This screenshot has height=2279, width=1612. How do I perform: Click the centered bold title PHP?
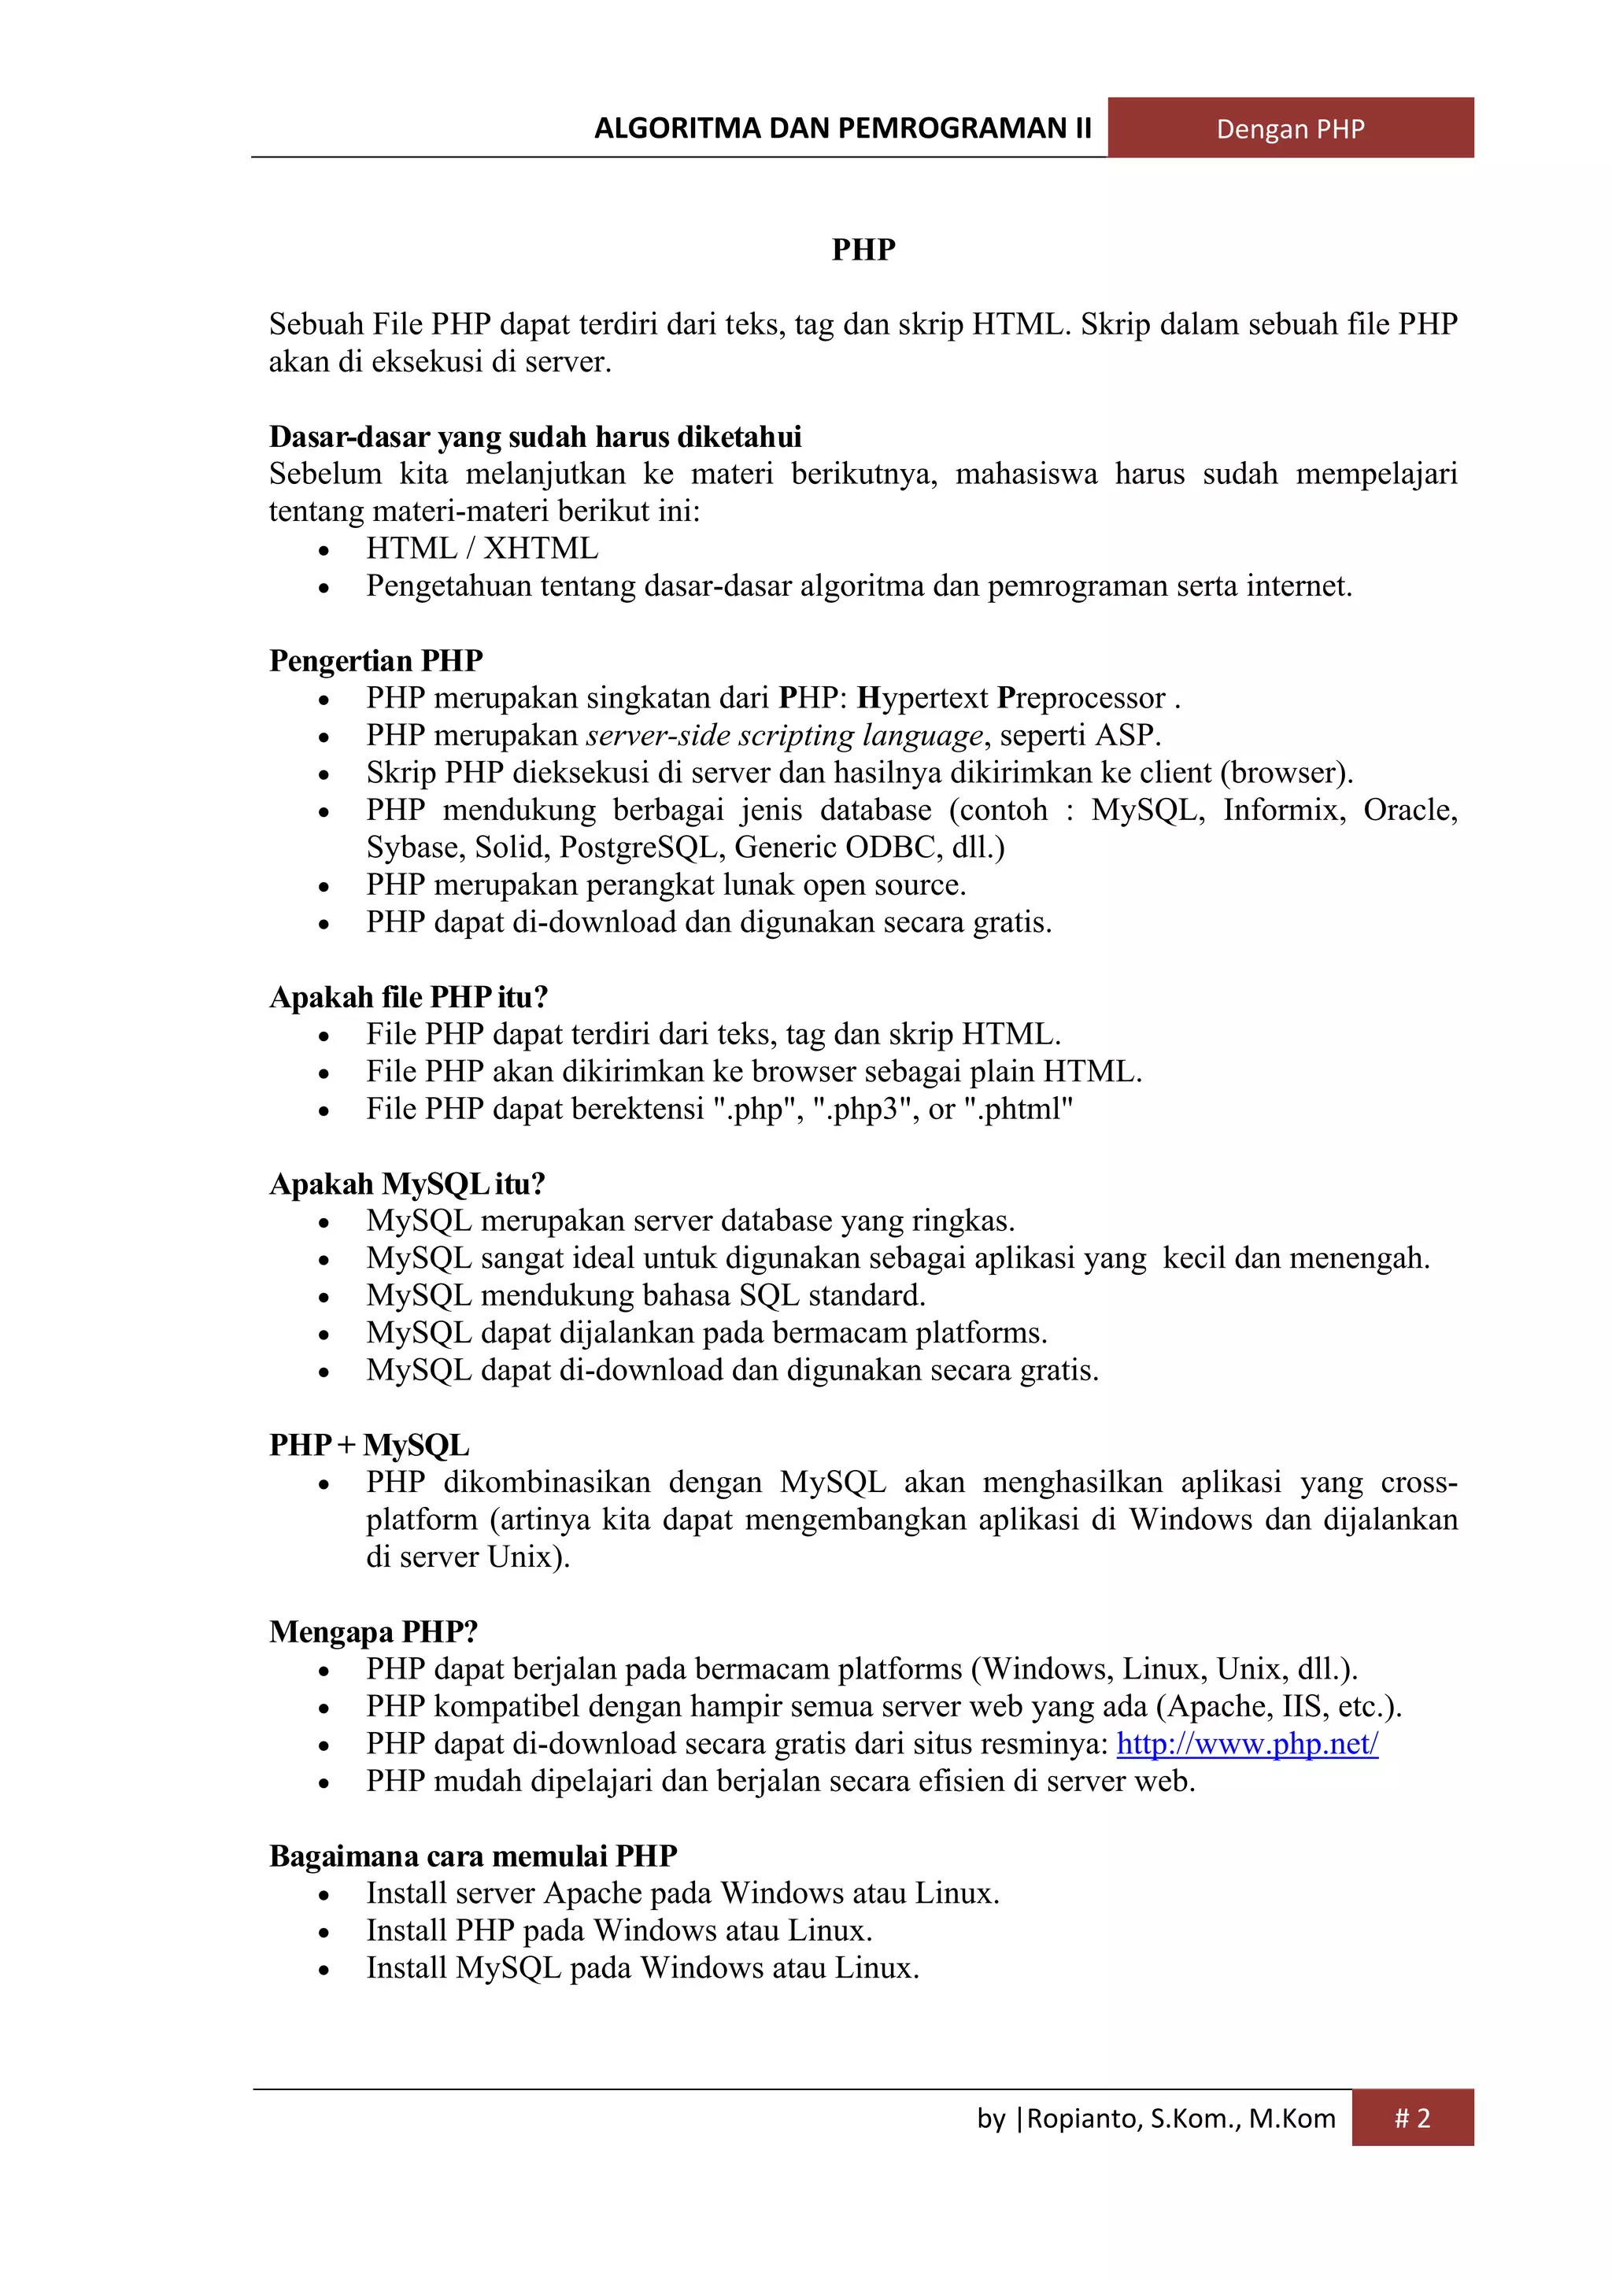pyautogui.click(x=863, y=249)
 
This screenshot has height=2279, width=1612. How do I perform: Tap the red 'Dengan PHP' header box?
pyautogui.click(x=1289, y=128)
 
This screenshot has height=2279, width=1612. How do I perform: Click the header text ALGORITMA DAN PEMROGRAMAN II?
pyautogui.click(x=841, y=128)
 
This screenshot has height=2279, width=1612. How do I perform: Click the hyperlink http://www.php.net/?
pyautogui.click(x=1247, y=1743)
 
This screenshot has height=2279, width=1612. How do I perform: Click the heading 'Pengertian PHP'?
pyautogui.click(x=375, y=660)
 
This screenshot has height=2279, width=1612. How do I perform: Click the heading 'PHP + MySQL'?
pyautogui.click(x=369, y=1444)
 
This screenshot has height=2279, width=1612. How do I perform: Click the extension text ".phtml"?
pyautogui.click(x=1019, y=1109)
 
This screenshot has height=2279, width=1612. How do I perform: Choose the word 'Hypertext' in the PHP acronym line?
pyautogui.click(x=923, y=698)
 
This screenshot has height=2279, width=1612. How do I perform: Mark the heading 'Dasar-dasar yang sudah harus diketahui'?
pyautogui.click(x=535, y=437)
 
